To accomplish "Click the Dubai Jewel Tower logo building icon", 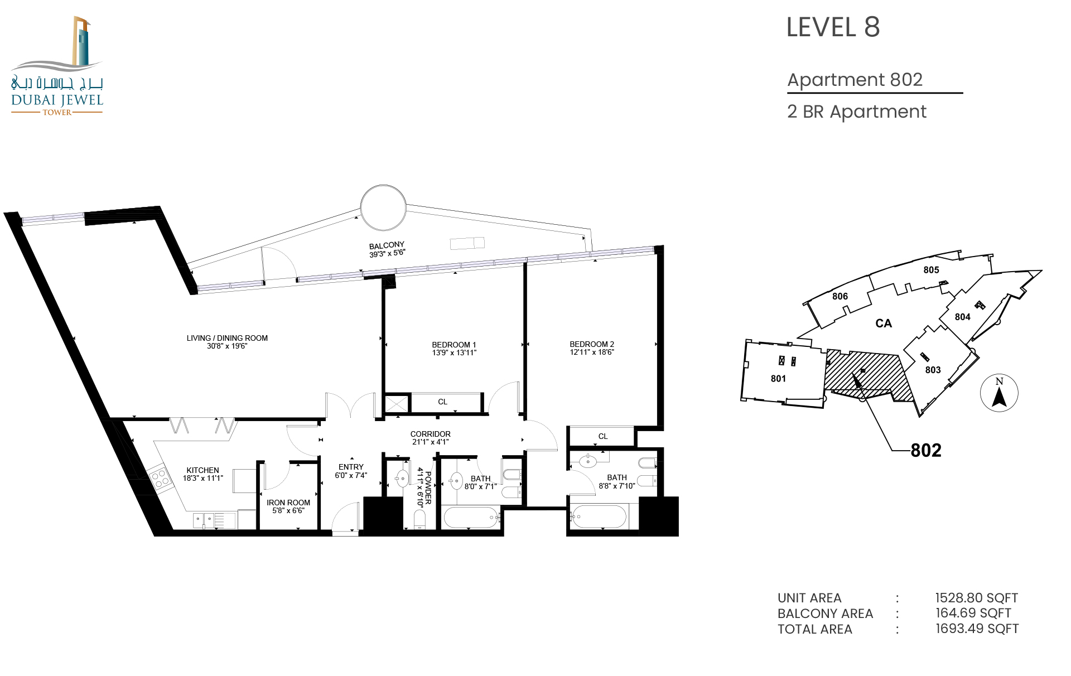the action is click(x=81, y=41).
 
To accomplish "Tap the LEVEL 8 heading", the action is click(x=833, y=27).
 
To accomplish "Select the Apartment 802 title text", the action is click(x=855, y=80).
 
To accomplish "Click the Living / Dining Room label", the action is click(x=227, y=338).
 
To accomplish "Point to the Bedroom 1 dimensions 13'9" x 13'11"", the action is click(x=454, y=353).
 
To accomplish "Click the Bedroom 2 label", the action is click(x=592, y=344).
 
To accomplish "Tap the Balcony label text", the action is click(x=387, y=245).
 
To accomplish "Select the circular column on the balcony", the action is click(x=383, y=207).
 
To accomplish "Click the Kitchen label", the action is click(x=202, y=470).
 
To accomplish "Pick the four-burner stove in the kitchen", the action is click(x=159, y=479).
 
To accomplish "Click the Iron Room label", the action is click(x=288, y=503).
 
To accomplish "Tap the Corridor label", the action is click(x=431, y=434).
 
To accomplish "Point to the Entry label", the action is click(x=351, y=467).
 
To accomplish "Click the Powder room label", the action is click(x=428, y=488).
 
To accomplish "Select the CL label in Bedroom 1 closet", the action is click(x=442, y=402).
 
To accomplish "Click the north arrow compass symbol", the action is click(x=999, y=393).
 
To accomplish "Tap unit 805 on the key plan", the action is click(x=931, y=270).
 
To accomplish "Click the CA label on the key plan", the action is click(x=884, y=323).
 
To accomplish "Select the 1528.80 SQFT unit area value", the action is click(x=977, y=598).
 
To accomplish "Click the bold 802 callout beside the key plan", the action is click(x=926, y=450).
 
